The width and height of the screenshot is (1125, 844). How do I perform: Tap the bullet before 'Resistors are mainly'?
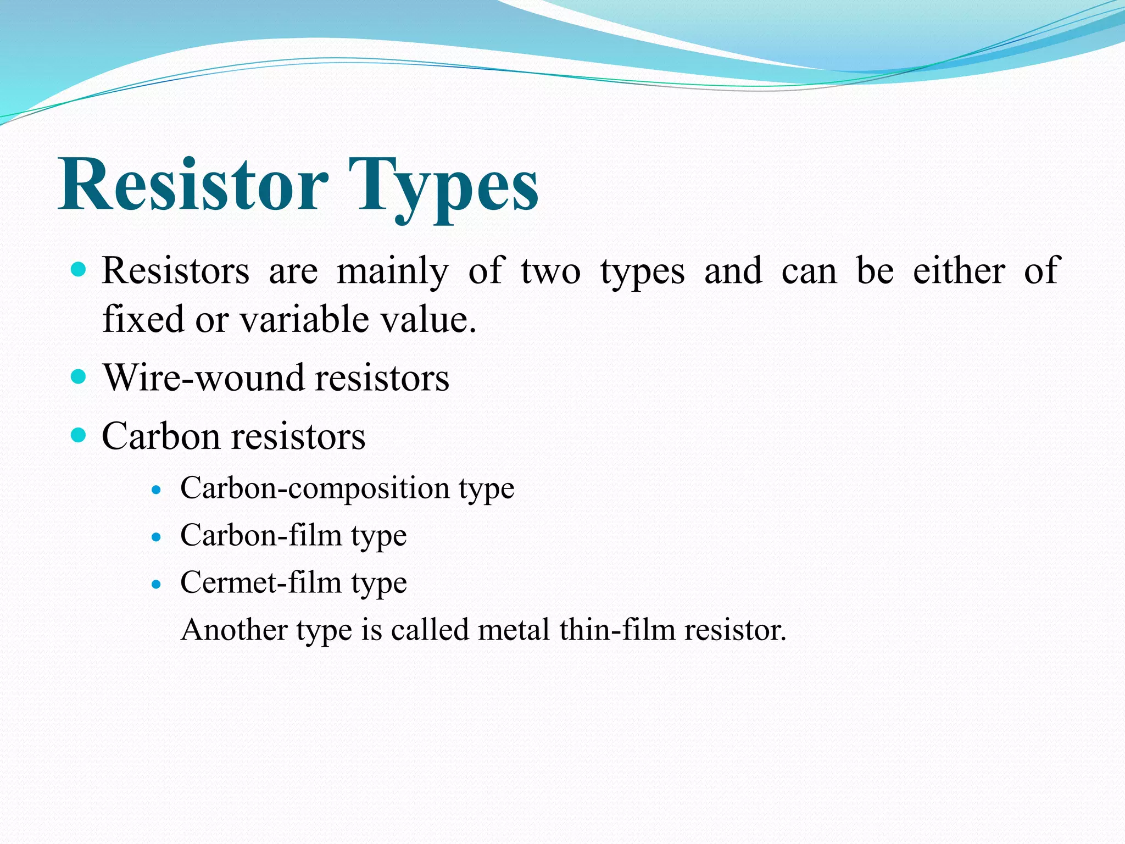point(79,269)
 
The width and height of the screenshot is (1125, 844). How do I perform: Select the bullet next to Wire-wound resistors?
point(79,377)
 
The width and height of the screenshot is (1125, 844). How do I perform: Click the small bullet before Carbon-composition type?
point(157,490)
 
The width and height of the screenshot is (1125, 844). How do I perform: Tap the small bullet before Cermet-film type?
point(157,584)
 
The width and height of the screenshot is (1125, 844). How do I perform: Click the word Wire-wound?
point(204,378)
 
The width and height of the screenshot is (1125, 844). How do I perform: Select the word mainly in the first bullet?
point(392,271)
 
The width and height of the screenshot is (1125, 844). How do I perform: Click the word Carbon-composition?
point(314,488)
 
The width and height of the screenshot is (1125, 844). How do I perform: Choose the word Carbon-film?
point(261,535)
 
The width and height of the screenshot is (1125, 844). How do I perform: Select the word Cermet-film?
point(261,582)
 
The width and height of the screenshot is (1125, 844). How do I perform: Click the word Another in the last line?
point(234,630)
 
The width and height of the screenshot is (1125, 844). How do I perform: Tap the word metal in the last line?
point(514,630)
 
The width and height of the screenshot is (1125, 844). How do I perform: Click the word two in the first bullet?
point(550,271)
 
